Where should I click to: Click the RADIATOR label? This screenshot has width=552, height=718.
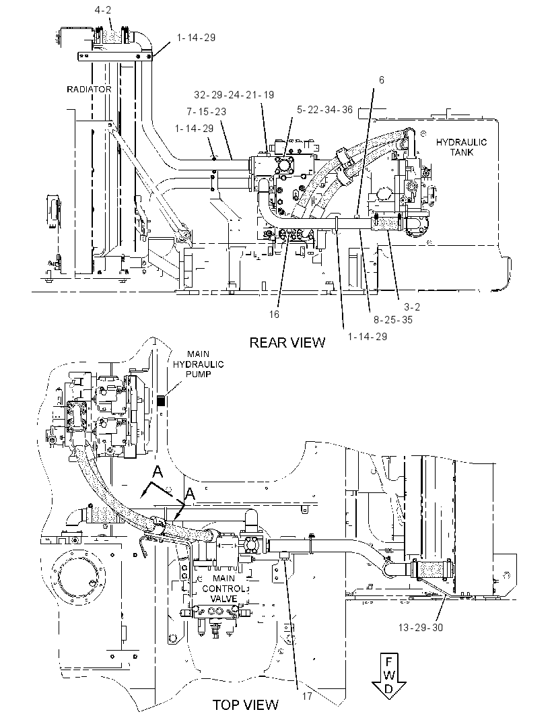tap(89, 90)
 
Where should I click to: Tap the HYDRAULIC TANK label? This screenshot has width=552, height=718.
tap(461, 147)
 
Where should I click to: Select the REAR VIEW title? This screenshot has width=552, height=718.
tap(287, 343)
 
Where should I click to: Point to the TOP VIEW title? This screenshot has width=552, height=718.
tap(245, 705)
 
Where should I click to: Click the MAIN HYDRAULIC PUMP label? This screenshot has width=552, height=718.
tap(198, 364)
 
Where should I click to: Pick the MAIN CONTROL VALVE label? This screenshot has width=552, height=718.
tap(223, 589)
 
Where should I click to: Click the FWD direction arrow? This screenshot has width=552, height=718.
tap(388, 676)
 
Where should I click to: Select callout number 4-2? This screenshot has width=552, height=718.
tap(102, 9)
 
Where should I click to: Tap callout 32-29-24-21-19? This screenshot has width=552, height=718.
tap(234, 95)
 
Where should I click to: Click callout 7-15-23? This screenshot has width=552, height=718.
tap(206, 112)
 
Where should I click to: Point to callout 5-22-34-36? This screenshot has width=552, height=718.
tap(324, 109)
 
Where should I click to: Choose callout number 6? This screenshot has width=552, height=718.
tap(381, 80)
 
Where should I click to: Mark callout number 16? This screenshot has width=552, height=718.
tap(274, 314)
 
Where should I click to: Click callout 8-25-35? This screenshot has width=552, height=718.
tap(392, 320)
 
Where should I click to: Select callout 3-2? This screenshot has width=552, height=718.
tap(412, 306)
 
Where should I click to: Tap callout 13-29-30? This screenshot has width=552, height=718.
tap(421, 627)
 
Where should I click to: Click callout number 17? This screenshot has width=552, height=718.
tap(307, 696)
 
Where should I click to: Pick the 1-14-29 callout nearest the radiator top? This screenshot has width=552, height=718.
tap(196, 38)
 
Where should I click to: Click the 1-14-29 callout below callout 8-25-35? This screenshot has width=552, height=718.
tap(367, 337)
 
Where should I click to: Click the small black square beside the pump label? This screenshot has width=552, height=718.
tap(160, 401)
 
